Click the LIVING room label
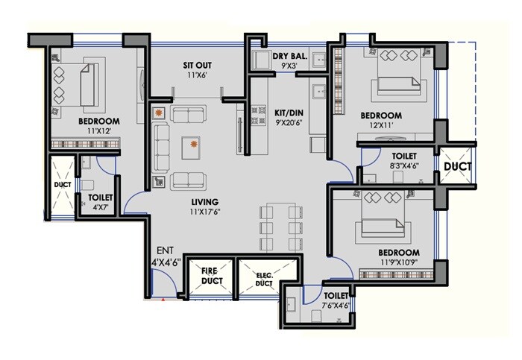click(x=204, y=202)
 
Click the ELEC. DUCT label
click(x=264, y=279)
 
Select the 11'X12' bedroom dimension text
click(x=98, y=131)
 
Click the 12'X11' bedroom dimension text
click(x=380, y=126)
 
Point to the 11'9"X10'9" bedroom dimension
click(x=397, y=262)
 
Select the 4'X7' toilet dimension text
click(x=100, y=208)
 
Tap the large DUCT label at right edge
click(x=457, y=167)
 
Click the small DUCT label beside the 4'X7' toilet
click(x=61, y=184)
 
